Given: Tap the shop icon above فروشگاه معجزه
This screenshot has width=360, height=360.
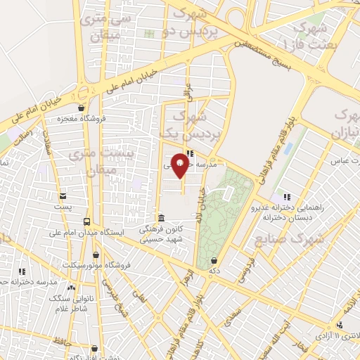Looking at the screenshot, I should [83, 108].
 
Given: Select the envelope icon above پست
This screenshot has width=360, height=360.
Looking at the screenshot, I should [63, 196].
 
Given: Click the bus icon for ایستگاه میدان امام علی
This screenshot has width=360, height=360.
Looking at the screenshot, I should [87, 221].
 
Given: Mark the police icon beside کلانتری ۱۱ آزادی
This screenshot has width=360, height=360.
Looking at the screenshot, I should [340, 325].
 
